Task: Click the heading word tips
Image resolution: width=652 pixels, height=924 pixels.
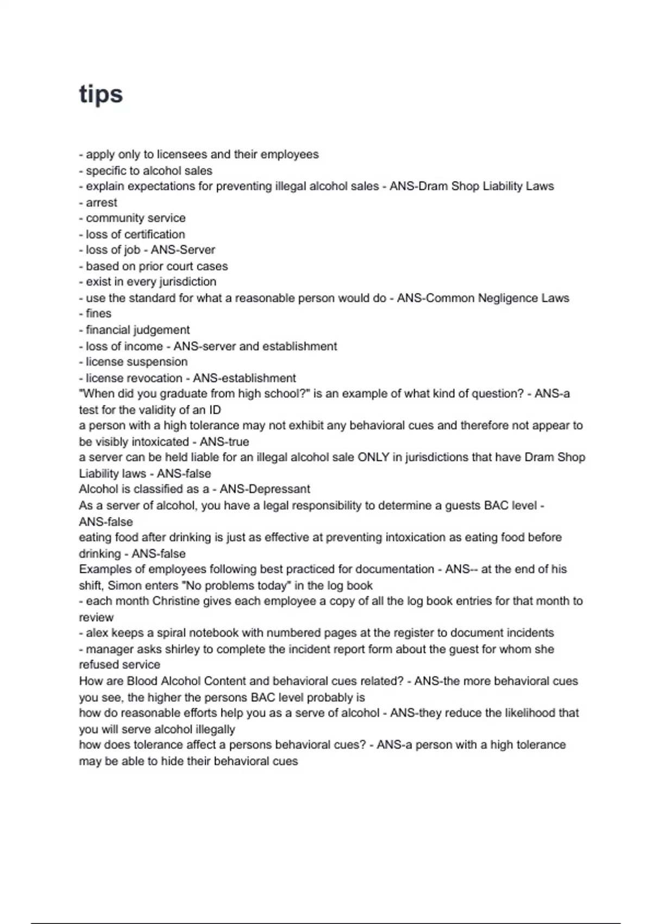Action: [x=101, y=95]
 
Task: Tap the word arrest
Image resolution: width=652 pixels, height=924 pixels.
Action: [x=102, y=203]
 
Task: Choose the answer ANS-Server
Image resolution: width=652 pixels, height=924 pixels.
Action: [x=183, y=250]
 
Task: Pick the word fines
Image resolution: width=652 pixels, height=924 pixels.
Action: [x=98, y=314]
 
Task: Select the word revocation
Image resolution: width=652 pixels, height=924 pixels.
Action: [x=156, y=378]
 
